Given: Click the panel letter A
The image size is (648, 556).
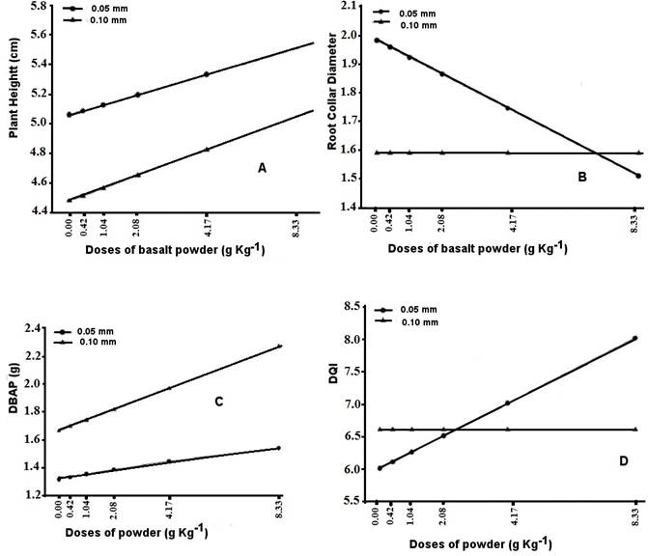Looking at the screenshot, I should point(262,168).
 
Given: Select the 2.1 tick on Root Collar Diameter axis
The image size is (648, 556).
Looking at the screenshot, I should point(357,7).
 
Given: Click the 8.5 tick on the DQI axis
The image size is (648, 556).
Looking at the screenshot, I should point(355,308).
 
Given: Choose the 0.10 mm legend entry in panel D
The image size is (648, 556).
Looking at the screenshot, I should point(415,321).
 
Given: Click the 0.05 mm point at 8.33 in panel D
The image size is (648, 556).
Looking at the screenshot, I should point(635,338).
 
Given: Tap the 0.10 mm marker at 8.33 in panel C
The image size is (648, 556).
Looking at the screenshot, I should point(279,346).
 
